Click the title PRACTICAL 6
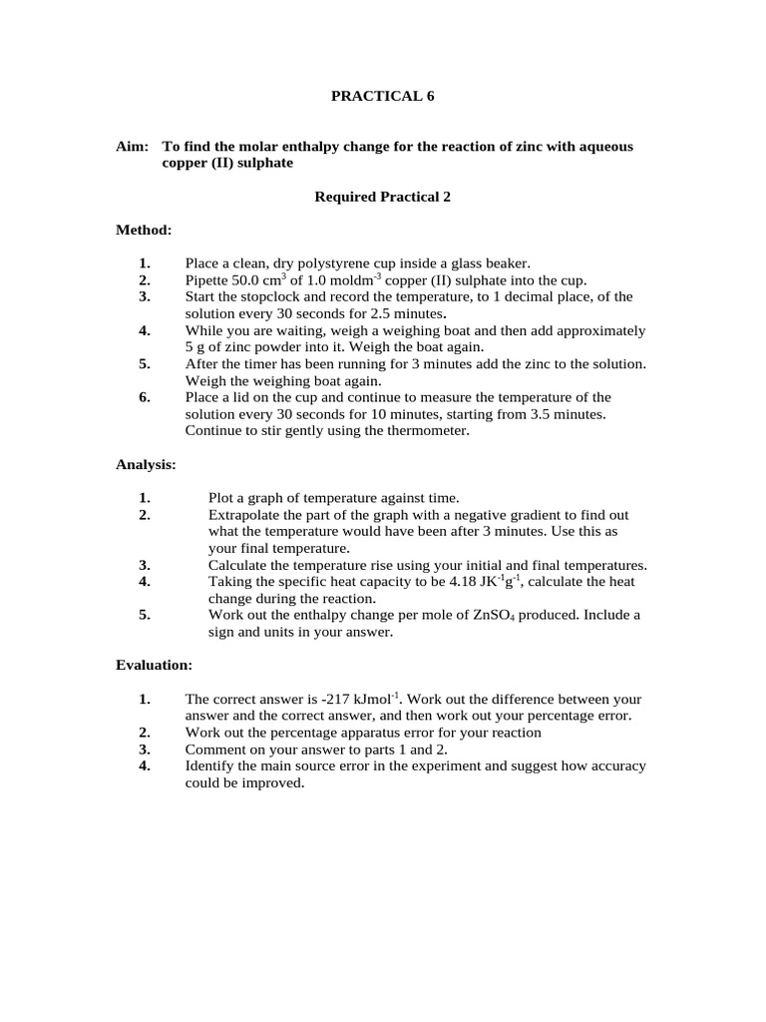[383, 97]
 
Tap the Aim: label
[133, 147]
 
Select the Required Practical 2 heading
[383, 197]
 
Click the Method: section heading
[144, 231]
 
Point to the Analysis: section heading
[147, 464]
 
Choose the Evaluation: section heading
[154, 665]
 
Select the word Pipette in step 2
[207, 280]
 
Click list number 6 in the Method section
[145, 397]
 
